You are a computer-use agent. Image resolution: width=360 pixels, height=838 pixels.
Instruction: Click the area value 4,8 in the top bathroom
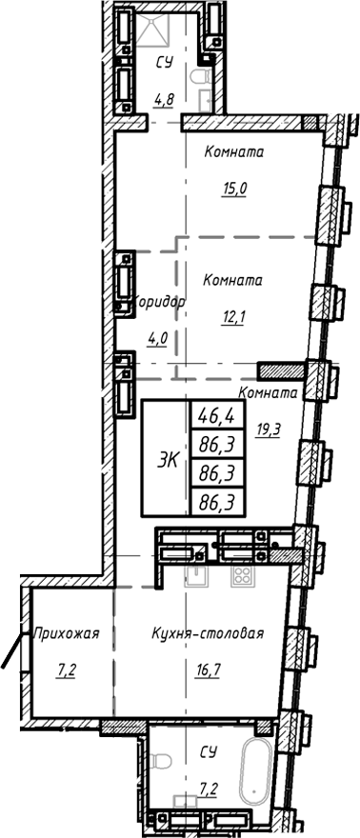tap(163, 95)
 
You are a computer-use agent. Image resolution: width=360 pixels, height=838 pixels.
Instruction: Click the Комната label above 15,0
tap(234, 152)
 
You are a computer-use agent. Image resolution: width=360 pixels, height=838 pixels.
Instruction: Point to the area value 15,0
tap(234, 189)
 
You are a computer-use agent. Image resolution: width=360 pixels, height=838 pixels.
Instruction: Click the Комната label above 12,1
tap(234, 281)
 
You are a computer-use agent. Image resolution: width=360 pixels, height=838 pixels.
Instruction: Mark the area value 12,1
tap(234, 318)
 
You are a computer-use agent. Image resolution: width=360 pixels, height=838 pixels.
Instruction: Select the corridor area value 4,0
tap(157, 336)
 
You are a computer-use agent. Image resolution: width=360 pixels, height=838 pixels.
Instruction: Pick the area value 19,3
tap(270, 429)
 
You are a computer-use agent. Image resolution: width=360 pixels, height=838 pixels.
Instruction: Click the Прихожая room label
tap(67, 633)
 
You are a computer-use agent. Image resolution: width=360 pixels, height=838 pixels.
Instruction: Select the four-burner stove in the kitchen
tap(240, 576)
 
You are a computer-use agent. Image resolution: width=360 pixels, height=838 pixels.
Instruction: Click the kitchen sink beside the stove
tap(197, 576)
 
